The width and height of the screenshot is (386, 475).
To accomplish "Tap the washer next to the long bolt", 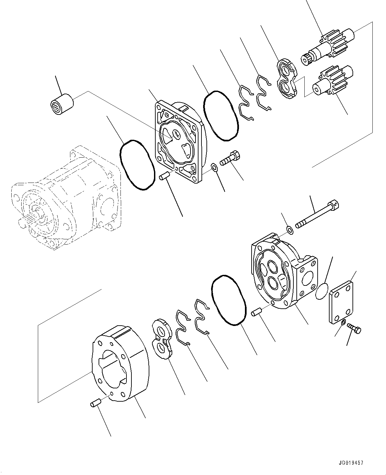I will tap(289, 230).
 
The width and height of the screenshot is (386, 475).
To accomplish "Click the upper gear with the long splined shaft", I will tap(329, 47).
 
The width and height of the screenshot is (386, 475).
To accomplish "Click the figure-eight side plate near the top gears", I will tap(286, 79).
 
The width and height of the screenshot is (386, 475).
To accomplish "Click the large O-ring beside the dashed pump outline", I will tap(137, 164).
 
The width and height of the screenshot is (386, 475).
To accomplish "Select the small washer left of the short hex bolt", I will tap(214, 167).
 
